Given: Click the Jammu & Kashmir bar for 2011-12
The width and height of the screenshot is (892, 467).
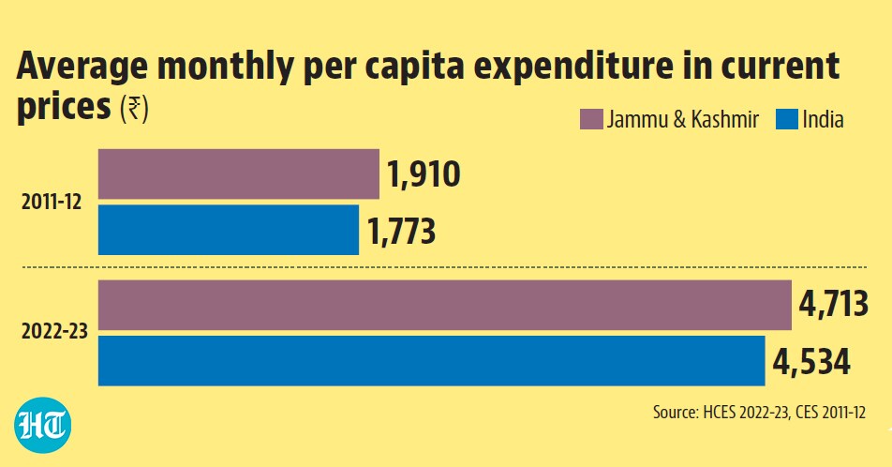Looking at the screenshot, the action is [239, 173].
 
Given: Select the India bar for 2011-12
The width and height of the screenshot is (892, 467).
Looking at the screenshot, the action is [229, 230].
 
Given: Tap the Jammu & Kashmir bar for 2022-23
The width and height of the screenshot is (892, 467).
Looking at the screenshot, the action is [445, 305].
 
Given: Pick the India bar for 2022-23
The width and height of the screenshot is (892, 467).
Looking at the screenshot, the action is [432, 360].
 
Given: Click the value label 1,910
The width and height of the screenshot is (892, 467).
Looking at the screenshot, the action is [424, 174].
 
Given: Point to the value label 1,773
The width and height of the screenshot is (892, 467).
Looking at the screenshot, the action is [402, 231].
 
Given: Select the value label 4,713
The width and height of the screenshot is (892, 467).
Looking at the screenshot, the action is [833, 304].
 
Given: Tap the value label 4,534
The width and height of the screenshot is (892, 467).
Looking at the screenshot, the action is [811, 362].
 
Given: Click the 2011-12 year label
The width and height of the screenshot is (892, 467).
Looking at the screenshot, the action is [52, 202].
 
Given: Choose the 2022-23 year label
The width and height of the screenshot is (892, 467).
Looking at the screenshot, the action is [54, 331].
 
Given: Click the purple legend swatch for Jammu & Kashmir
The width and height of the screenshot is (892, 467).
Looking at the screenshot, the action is [591, 120].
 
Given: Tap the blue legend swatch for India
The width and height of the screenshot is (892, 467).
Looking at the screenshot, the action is [787, 120].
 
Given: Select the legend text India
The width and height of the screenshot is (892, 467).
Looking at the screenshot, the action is [824, 120].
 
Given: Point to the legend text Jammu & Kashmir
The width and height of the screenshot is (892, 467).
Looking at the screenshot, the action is [683, 120].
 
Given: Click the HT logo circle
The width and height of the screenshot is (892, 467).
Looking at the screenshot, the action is [43, 425].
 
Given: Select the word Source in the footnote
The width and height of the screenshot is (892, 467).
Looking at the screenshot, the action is [675, 412].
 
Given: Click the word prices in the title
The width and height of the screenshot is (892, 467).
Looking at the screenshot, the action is [64, 107].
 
